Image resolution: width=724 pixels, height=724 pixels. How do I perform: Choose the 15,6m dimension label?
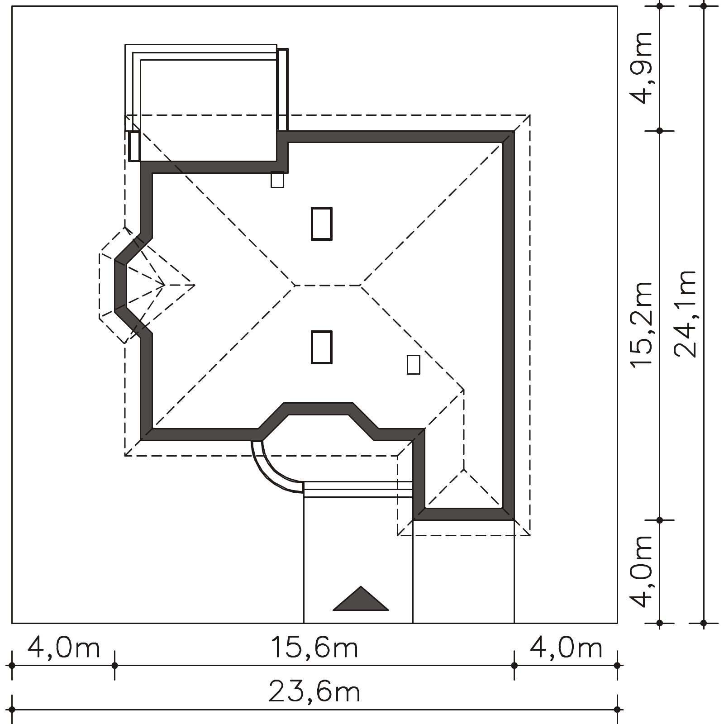coord(314,648)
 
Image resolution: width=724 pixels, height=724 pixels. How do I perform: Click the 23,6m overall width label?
coord(314,692)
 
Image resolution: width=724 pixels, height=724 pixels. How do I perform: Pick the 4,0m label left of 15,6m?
coord(63,648)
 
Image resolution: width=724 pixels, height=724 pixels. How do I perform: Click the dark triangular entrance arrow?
coord(361,599)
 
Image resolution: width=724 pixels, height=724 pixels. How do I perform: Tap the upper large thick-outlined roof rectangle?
coord(322,224)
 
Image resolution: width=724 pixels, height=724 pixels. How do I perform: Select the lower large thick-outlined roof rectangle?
coord(322,347)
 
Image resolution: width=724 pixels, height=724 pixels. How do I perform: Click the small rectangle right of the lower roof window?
coord(413,364)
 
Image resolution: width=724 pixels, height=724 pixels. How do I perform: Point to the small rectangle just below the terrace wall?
coord(277,180)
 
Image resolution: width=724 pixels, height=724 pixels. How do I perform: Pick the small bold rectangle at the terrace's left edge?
coord(134,146)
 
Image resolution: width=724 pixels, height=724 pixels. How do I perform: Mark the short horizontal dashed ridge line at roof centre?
coord(328,286)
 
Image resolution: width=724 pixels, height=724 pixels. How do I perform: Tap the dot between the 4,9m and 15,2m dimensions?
coord(659,131)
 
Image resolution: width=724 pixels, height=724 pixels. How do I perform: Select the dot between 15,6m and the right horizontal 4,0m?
coord(514,666)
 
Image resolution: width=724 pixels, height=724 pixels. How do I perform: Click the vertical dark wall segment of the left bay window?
coord(120,286)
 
